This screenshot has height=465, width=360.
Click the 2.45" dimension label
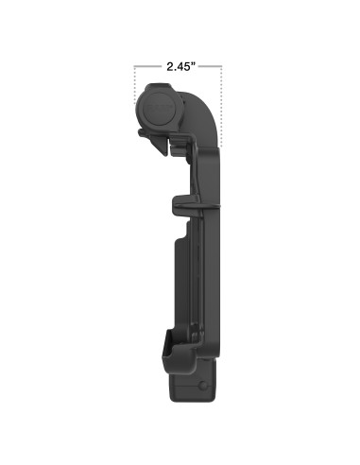(x=179, y=67)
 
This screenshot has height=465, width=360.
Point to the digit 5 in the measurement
(x=188, y=67)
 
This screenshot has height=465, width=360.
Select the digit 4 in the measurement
(x=179, y=67)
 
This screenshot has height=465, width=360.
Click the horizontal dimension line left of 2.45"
(x=147, y=67)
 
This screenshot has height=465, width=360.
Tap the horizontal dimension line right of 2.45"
(x=211, y=67)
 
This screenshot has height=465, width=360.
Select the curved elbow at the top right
(x=204, y=104)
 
